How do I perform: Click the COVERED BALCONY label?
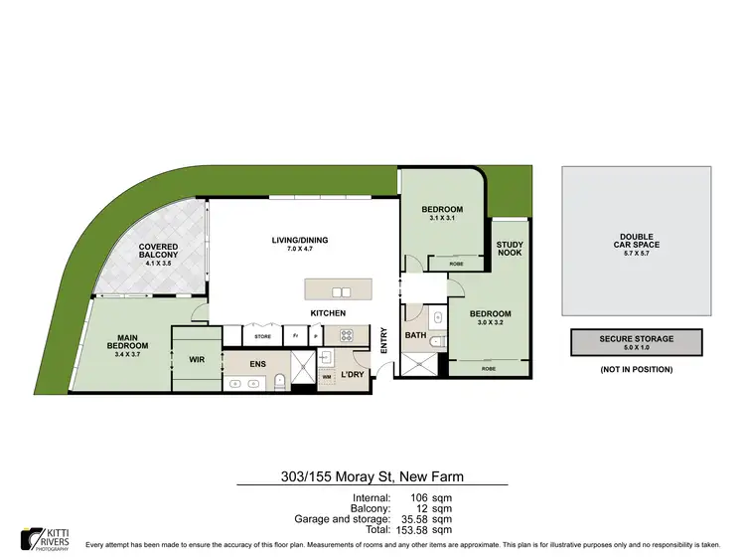[x=158, y=252]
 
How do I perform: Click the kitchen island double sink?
[x=341, y=291]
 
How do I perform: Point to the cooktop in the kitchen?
[x=361, y=335]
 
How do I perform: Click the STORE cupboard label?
[x=263, y=336]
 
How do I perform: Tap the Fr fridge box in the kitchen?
[x=296, y=336]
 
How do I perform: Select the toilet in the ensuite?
[x=281, y=380]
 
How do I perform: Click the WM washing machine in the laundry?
[x=327, y=378]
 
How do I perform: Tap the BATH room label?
[x=415, y=336]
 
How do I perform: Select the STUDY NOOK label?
[x=510, y=250]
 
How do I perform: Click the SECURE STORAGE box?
[x=636, y=342]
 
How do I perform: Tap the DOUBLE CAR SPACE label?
[x=636, y=240]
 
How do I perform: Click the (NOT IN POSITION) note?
[x=636, y=369]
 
